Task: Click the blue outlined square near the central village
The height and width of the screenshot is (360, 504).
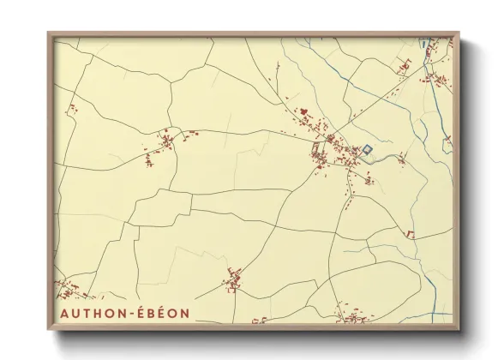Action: (x=367, y=150)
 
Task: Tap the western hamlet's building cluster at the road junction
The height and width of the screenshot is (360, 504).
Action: (x=165, y=140)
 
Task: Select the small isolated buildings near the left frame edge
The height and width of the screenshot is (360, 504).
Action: (x=72, y=111)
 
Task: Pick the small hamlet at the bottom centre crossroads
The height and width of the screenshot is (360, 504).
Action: (x=233, y=279)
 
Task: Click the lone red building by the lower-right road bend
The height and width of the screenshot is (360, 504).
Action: (x=410, y=233)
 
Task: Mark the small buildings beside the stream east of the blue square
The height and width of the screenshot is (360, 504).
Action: (x=399, y=156)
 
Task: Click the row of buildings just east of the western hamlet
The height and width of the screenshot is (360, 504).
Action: (x=192, y=135)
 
